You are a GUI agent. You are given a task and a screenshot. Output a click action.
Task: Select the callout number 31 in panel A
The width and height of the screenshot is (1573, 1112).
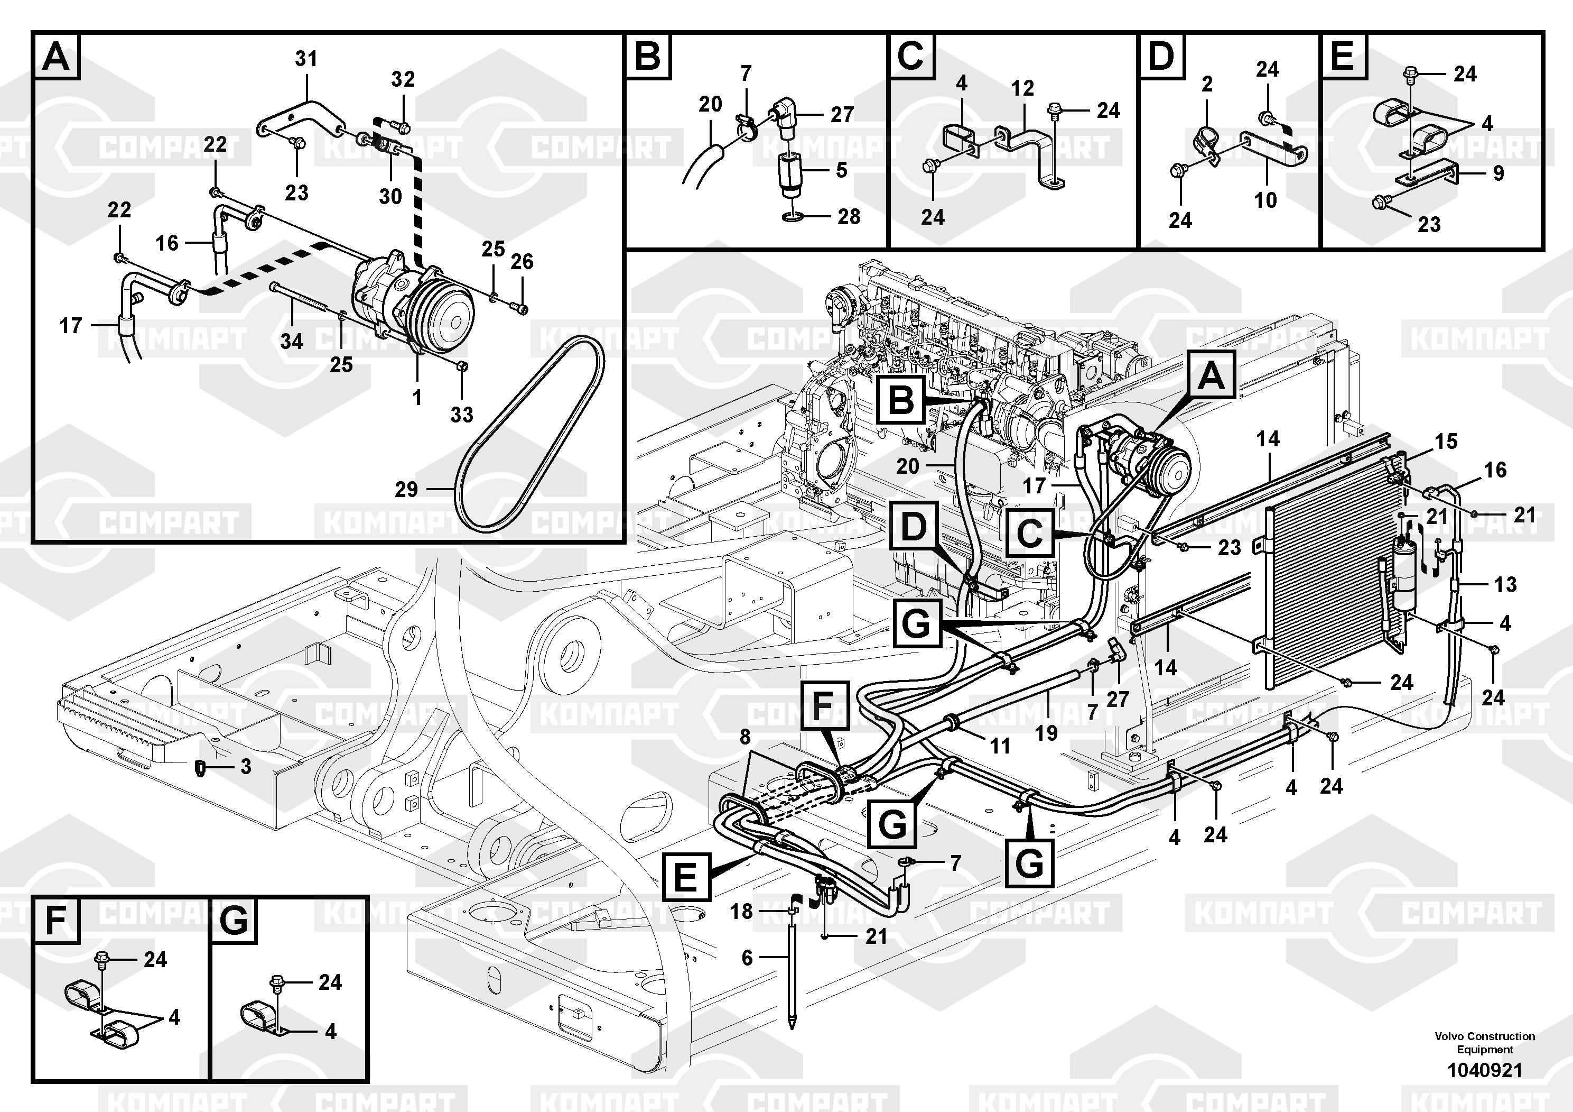[306, 60]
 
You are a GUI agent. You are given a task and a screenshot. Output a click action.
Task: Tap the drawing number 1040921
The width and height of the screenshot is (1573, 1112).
[1485, 1070]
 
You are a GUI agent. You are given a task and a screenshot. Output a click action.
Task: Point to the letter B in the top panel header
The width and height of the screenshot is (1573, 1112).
[647, 56]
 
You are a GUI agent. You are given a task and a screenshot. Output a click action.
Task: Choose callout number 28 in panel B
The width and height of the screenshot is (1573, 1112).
[848, 217]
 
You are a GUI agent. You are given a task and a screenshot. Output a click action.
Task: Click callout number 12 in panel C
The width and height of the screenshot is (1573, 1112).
[1022, 88]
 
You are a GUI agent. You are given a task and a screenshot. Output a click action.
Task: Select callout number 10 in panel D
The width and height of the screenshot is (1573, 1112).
[1265, 200]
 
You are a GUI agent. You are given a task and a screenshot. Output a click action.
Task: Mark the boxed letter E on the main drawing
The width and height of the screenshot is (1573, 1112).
[686, 876]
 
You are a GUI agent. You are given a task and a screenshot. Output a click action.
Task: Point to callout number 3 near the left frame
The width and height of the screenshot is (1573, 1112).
[245, 767]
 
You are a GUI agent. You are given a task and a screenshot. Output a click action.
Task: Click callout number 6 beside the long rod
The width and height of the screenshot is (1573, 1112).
[747, 958]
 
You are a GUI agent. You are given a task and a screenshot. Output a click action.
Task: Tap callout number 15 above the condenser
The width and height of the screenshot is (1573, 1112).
[1446, 442]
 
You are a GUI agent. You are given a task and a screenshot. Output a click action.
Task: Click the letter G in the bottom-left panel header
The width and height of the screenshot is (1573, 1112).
[234, 920]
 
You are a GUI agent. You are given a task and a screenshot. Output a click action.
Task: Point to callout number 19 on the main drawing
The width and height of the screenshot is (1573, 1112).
[1046, 733]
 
